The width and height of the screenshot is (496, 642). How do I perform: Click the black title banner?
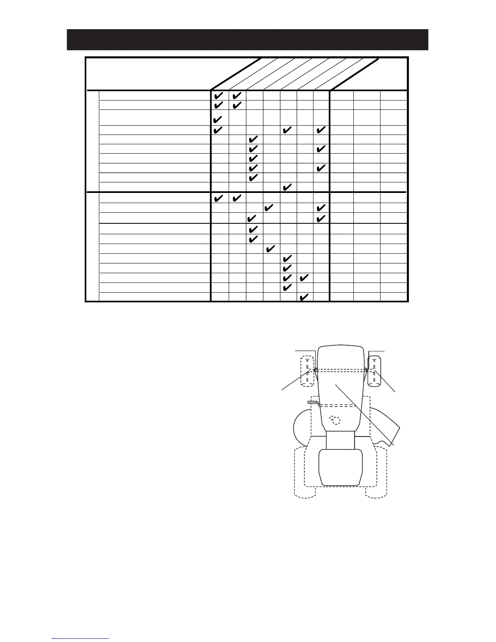[247, 40]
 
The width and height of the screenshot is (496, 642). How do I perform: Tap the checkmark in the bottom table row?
[304, 297]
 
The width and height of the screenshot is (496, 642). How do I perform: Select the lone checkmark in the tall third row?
[218, 120]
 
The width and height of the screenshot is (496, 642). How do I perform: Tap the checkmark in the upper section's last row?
[286, 187]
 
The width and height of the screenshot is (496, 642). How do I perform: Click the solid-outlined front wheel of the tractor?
[374, 371]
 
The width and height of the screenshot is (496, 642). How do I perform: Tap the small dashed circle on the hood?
[335, 420]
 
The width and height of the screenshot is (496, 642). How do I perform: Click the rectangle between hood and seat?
[340, 440]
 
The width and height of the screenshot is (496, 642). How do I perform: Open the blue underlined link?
[81, 638]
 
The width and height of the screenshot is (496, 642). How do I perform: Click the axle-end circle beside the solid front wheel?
[366, 370]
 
